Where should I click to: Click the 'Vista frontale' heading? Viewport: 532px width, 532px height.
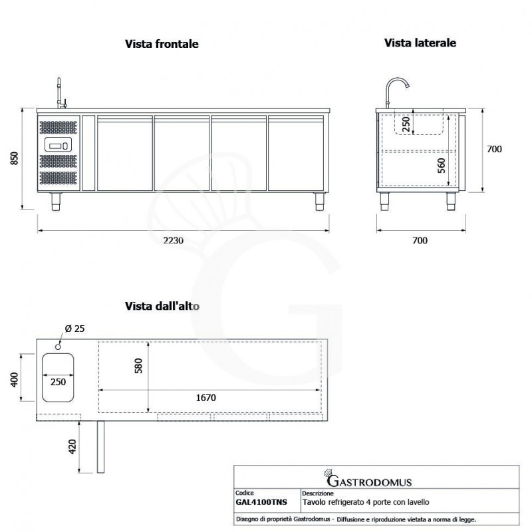click(x=162, y=44)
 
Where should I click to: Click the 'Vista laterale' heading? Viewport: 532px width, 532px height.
click(x=420, y=43)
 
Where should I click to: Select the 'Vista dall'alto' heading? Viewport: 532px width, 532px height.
click(x=162, y=307)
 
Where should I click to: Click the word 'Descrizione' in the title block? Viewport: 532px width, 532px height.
click(x=318, y=494)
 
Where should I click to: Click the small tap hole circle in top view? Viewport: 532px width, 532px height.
click(x=59, y=345)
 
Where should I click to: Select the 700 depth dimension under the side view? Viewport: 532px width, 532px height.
click(x=420, y=240)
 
